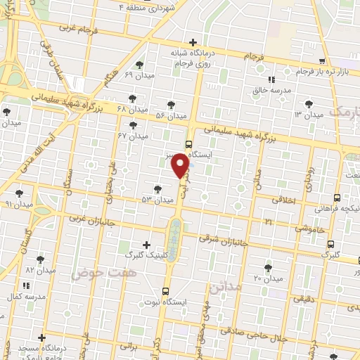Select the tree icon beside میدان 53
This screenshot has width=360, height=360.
click(x=157, y=189)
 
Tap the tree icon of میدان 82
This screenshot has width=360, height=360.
click(x=40, y=259)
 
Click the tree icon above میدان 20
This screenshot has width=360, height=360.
click(x=268, y=267)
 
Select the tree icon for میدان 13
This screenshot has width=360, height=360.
click(x=309, y=102)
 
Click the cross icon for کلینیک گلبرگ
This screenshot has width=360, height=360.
click(x=146, y=245)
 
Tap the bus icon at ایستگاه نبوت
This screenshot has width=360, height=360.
click(x=166, y=291)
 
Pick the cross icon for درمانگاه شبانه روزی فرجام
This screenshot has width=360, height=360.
click(x=194, y=42)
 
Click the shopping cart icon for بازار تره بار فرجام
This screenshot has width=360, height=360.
click(x=321, y=61)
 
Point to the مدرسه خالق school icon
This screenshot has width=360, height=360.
click(x=271, y=79)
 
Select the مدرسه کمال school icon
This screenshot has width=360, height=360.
click(x=27, y=285)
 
